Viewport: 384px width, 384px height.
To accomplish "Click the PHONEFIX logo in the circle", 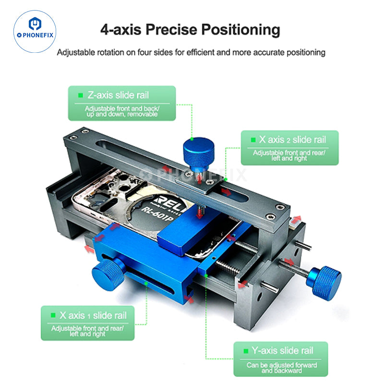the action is (35, 31).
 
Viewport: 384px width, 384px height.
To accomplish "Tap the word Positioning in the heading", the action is (241, 30).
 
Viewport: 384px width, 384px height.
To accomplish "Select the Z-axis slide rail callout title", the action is (118, 95).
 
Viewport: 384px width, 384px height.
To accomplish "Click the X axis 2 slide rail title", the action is (292, 140).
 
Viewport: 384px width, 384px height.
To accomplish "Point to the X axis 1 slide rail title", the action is (93, 315).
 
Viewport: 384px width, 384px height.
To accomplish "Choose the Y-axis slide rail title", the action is (282, 350).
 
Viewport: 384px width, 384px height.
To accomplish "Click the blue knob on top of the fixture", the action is (199, 154).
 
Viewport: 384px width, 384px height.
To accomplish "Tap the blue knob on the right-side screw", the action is (324, 283).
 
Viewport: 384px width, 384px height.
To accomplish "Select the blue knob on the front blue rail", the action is (108, 274).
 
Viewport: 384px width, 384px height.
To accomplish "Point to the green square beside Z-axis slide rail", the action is (80, 95).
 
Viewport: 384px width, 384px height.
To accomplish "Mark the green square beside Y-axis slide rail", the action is (246, 351).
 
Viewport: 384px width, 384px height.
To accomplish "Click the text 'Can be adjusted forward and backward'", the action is (282, 368).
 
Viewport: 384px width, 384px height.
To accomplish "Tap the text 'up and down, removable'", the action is (122, 114).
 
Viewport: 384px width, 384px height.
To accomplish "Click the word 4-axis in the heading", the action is (121, 30).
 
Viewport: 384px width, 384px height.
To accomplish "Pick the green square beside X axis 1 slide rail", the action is (53, 315).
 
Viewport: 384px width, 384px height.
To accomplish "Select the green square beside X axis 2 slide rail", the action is (253, 140).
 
